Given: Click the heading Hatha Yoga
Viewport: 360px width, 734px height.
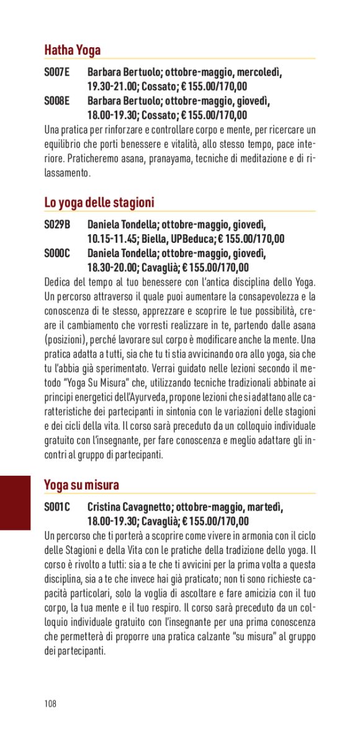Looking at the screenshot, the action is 72,50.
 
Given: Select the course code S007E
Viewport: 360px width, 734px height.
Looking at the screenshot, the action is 56,73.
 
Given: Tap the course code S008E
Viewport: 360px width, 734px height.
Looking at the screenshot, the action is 56,101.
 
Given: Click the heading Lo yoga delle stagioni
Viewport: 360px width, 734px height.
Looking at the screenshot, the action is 99,202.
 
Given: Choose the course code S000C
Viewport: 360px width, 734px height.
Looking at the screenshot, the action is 57,253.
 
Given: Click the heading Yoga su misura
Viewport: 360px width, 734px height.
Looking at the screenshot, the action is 81,484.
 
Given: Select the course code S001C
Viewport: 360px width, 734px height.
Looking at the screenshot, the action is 57,507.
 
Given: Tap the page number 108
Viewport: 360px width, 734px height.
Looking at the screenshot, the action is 50,704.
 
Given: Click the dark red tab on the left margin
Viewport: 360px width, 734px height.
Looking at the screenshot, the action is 15,502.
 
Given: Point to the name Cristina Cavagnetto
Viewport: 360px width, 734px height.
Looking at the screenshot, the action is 128,507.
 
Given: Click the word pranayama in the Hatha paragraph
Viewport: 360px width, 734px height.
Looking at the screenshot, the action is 169,158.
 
